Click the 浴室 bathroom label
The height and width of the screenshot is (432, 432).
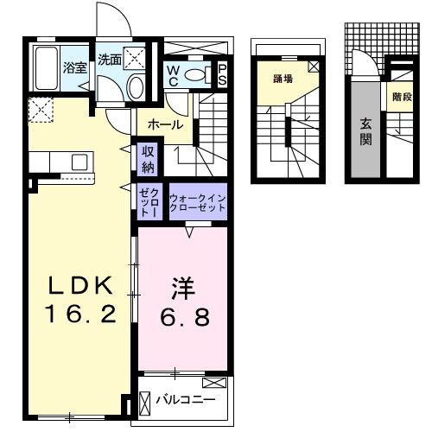point(75,67)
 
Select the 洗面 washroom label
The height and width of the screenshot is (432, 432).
point(109,60)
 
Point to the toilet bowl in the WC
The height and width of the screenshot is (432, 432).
point(196,74)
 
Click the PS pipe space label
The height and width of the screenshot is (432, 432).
point(223,73)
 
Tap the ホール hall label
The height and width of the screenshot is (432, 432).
point(165,125)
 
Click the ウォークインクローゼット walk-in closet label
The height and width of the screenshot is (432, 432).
point(198,203)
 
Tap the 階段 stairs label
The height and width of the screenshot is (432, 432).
point(400,97)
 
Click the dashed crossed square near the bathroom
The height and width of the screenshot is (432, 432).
point(40,110)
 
